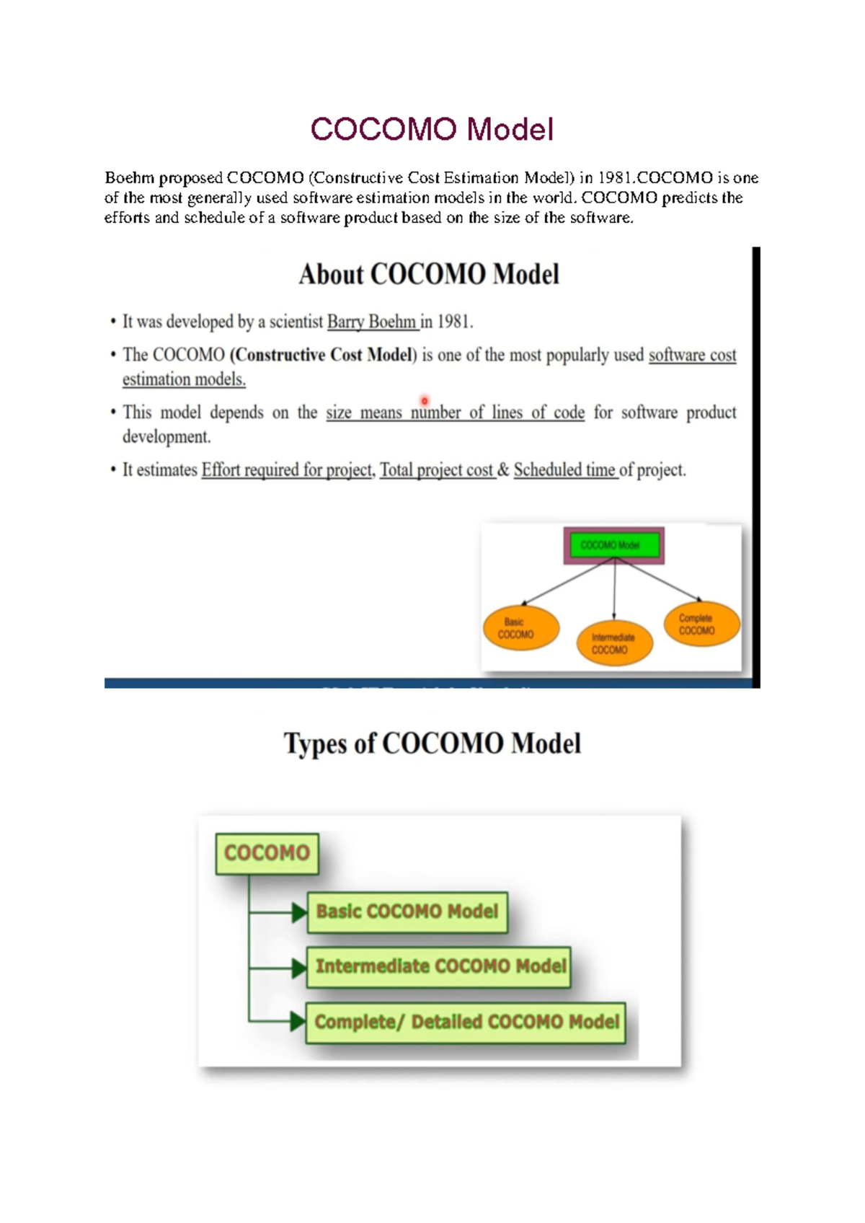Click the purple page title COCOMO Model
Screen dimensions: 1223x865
click(432, 130)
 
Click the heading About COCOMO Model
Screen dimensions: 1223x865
click(429, 275)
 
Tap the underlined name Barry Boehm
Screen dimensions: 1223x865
click(372, 322)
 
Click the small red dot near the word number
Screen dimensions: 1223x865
click(425, 401)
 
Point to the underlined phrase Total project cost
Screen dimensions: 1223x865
click(436, 470)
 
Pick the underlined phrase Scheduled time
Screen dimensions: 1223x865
click(564, 470)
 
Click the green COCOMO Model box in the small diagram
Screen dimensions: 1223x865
click(613, 545)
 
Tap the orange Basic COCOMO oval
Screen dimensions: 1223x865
click(520, 628)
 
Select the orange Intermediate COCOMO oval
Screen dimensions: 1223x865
click(614, 643)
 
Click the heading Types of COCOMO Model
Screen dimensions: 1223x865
click(432, 743)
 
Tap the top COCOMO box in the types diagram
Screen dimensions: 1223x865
click(267, 853)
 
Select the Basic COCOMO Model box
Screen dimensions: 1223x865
click(407, 912)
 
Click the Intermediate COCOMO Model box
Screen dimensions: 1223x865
click(439, 967)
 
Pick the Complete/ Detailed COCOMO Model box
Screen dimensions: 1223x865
click(466, 1023)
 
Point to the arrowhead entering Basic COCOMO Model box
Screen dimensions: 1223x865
click(298, 913)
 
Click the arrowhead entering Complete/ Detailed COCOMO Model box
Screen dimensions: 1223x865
click(297, 1021)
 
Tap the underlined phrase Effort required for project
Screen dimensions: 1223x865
click(287, 470)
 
